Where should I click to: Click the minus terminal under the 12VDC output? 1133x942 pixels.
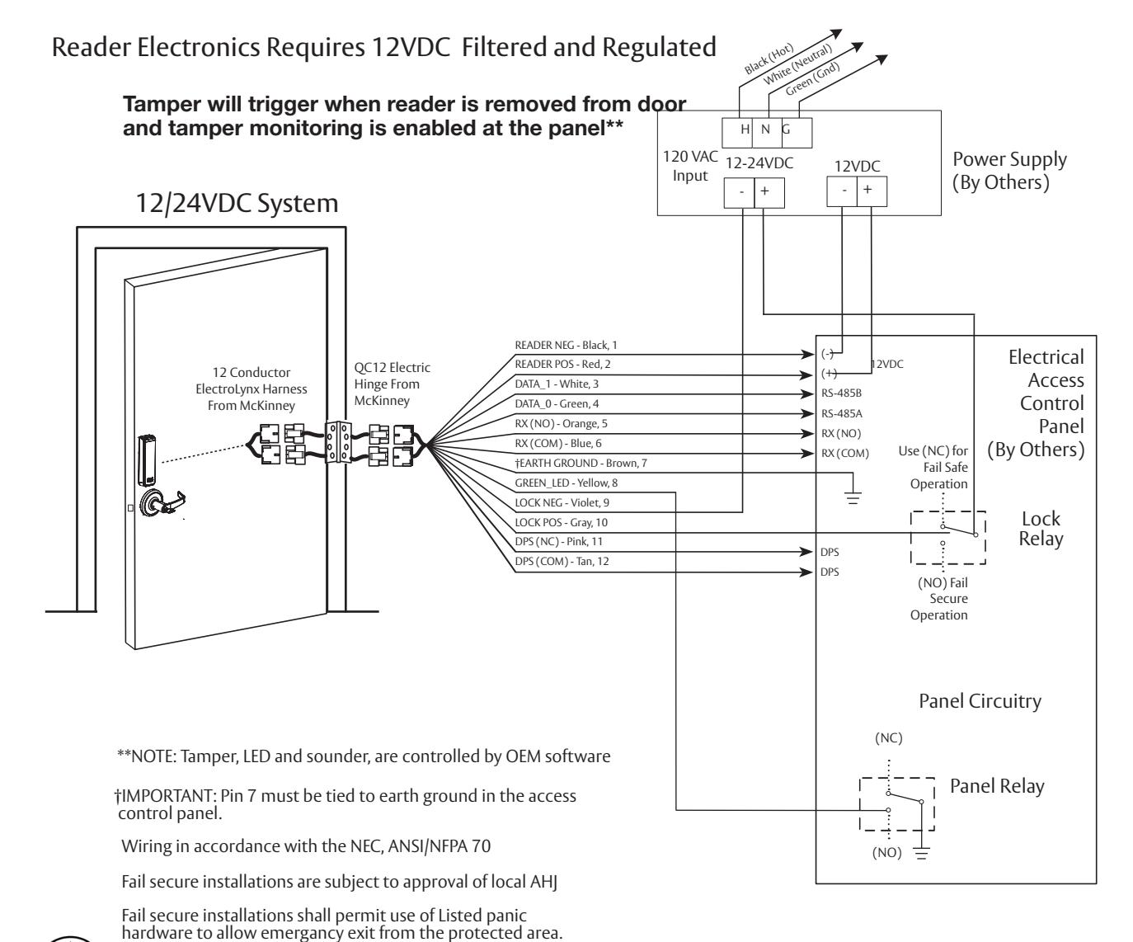pyautogui.click(x=842, y=191)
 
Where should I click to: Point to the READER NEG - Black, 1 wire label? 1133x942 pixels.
pyautogui.click(x=566, y=346)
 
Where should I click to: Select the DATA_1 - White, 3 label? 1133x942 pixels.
pyautogui.click(x=557, y=384)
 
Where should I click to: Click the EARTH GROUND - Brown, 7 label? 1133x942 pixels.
pyautogui.click(x=581, y=463)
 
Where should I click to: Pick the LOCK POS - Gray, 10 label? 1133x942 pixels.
pyautogui.click(x=561, y=522)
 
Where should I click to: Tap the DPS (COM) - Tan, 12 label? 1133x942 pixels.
pyautogui.click(x=562, y=562)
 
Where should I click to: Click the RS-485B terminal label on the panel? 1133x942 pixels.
pyautogui.click(x=841, y=393)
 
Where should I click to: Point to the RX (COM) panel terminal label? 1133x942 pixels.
pyautogui.click(x=845, y=454)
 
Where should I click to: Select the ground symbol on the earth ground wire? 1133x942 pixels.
pyautogui.click(x=853, y=497)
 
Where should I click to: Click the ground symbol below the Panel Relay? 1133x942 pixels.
pyautogui.click(x=921, y=853)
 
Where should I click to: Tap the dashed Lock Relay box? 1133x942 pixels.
pyautogui.click(x=911, y=538)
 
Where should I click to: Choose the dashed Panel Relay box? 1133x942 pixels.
pyautogui.click(x=860, y=804)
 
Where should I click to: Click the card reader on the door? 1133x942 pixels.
pyautogui.click(x=147, y=460)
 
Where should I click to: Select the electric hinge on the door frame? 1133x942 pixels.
pyautogui.click(x=337, y=442)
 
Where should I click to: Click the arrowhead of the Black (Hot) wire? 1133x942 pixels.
pyautogui.click(x=837, y=34)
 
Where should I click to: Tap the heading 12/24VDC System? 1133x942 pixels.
pyautogui.click(x=237, y=204)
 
